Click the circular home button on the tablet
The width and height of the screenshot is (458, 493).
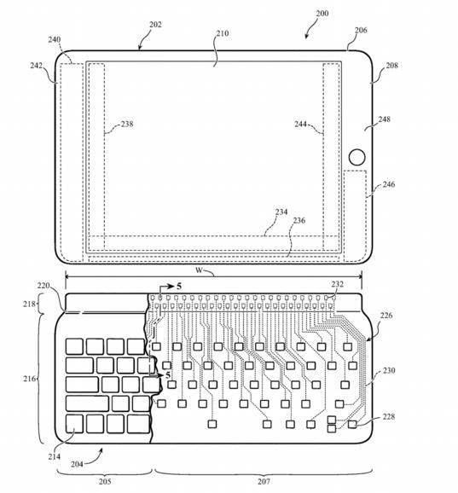(x=357, y=157)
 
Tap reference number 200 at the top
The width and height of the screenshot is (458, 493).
(x=322, y=13)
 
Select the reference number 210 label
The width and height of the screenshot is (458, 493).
(x=222, y=33)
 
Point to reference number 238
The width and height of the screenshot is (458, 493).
(x=127, y=124)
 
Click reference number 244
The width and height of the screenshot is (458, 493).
(x=300, y=124)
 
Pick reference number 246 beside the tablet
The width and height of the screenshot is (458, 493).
(x=389, y=184)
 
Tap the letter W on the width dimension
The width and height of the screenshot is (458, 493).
(x=199, y=270)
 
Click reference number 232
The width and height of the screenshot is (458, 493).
(x=337, y=284)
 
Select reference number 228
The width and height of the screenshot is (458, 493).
(x=389, y=416)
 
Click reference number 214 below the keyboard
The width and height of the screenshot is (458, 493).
(x=54, y=456)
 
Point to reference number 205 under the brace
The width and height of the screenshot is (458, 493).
(x=105, y=481)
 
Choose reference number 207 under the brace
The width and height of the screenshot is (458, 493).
(x=264, y=481)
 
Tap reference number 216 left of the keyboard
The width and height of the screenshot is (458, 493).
(x=29, y=379)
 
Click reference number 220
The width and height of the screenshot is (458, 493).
(x=43, y=286)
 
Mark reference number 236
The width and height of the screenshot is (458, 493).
(x=299, y=220)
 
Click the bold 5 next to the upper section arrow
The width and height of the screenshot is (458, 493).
(x=179, y=286)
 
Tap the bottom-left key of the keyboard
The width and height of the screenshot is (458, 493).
(x=74, y=424)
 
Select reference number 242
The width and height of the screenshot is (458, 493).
(x=37, y=66)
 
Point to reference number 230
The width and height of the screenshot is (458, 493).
(x=389, y=371)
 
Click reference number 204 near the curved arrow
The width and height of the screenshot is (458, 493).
(x=77, y=464)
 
